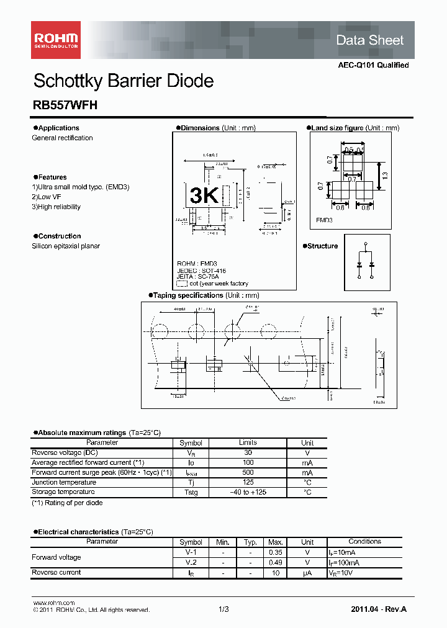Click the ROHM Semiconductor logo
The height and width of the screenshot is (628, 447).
click(x=56, y=40)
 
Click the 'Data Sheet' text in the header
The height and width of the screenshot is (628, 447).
click(x=369, y=40)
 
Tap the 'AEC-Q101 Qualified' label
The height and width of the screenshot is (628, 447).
click(x=373, y=65)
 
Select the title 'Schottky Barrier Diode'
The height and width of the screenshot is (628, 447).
click(x=123, y=81)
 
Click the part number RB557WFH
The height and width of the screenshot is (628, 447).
click(x=65, y=105)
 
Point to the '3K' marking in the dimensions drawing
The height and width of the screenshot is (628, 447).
click(x=204, y=195)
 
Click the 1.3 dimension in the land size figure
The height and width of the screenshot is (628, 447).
click(x=385, y=176)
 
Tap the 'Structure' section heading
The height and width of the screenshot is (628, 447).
click(x=322, y=246)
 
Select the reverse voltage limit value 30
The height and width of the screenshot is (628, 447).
click(x=248, y=453)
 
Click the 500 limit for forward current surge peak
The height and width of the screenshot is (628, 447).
click(x=248, y=473)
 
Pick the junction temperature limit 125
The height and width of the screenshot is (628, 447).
click(x=248, y=483)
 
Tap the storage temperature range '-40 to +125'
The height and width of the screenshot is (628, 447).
click(x=248, y=493)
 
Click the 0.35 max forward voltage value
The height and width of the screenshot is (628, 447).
click(x=276, y=552)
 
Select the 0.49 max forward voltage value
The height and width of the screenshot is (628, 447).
click(x=276, y=562)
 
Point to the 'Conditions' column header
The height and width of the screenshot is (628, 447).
click(x=364, y=542)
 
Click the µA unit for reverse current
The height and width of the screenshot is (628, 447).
click(x=307, y=573)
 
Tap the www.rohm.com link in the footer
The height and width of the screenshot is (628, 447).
click(x=53, y=603)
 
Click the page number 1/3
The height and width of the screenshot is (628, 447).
click(x=223, y=610)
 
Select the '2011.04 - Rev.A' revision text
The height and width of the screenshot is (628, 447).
click(x=379, y=610)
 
